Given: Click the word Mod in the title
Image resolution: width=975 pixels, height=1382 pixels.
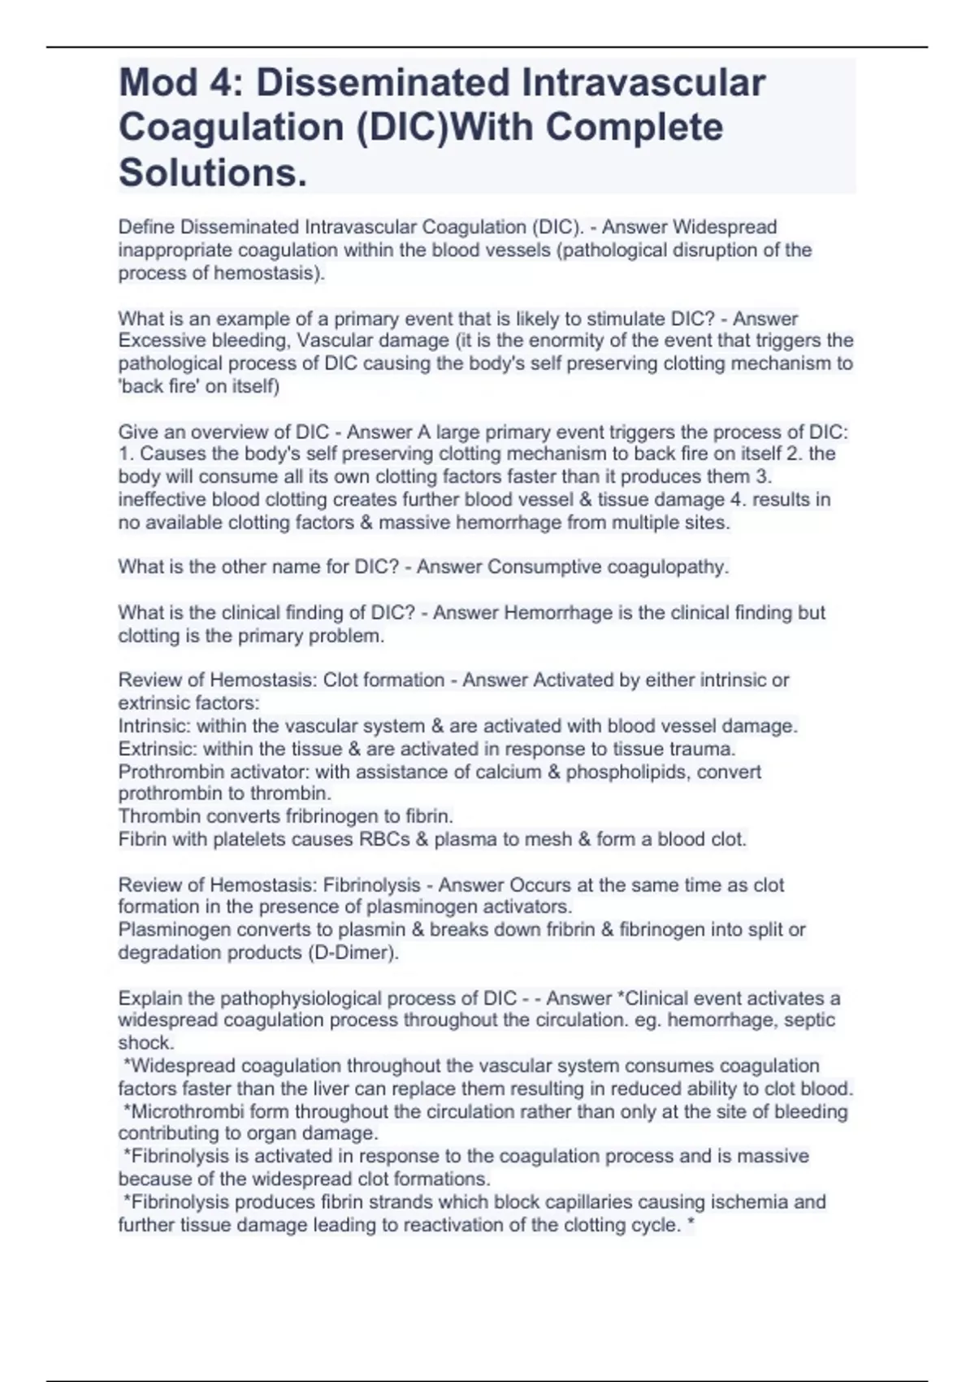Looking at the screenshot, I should pos(158,83).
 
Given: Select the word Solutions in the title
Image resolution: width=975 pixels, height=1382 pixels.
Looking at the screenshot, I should pos(213,172).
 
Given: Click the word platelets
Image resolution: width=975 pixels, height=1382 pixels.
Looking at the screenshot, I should pos(249,839).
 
